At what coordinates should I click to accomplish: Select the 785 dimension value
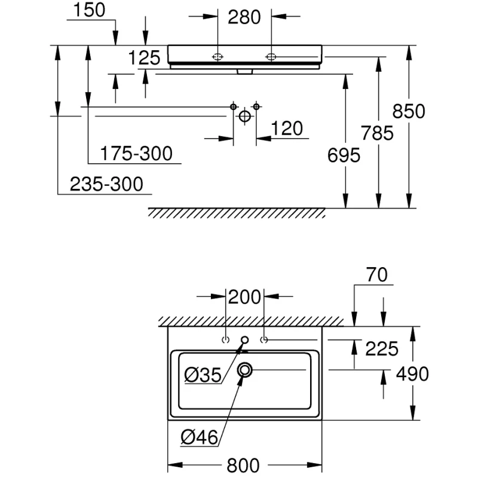tap(377, 133)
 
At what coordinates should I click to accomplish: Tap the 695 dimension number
tap(344, 155)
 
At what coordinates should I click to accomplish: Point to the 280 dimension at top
tap(244, 17)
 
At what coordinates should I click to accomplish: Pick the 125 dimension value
tap(145, 58)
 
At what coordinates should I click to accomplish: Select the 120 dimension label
tap(287, 128)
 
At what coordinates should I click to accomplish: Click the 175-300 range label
tap(136, 154)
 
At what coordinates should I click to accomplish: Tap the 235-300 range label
tap(107, 184)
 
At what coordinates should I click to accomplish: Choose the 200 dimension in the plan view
tap(245, 296)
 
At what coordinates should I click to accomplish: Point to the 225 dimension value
tap(381, 348)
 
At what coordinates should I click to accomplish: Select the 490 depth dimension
tap(412, 374)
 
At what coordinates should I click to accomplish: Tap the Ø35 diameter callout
tap(203, 375)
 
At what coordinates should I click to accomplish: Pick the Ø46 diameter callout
tap(200, 438)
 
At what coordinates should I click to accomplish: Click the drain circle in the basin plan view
tap(245, 370)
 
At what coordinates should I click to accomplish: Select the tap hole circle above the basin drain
tap(244, 341)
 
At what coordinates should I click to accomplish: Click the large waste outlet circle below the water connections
tap(244, 116)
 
